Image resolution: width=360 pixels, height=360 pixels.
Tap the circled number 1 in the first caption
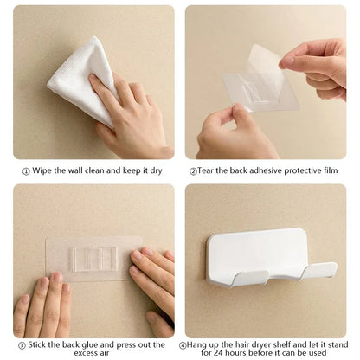[x=27, y=171]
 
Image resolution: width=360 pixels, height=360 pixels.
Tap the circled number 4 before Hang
[x=183, y=344]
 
